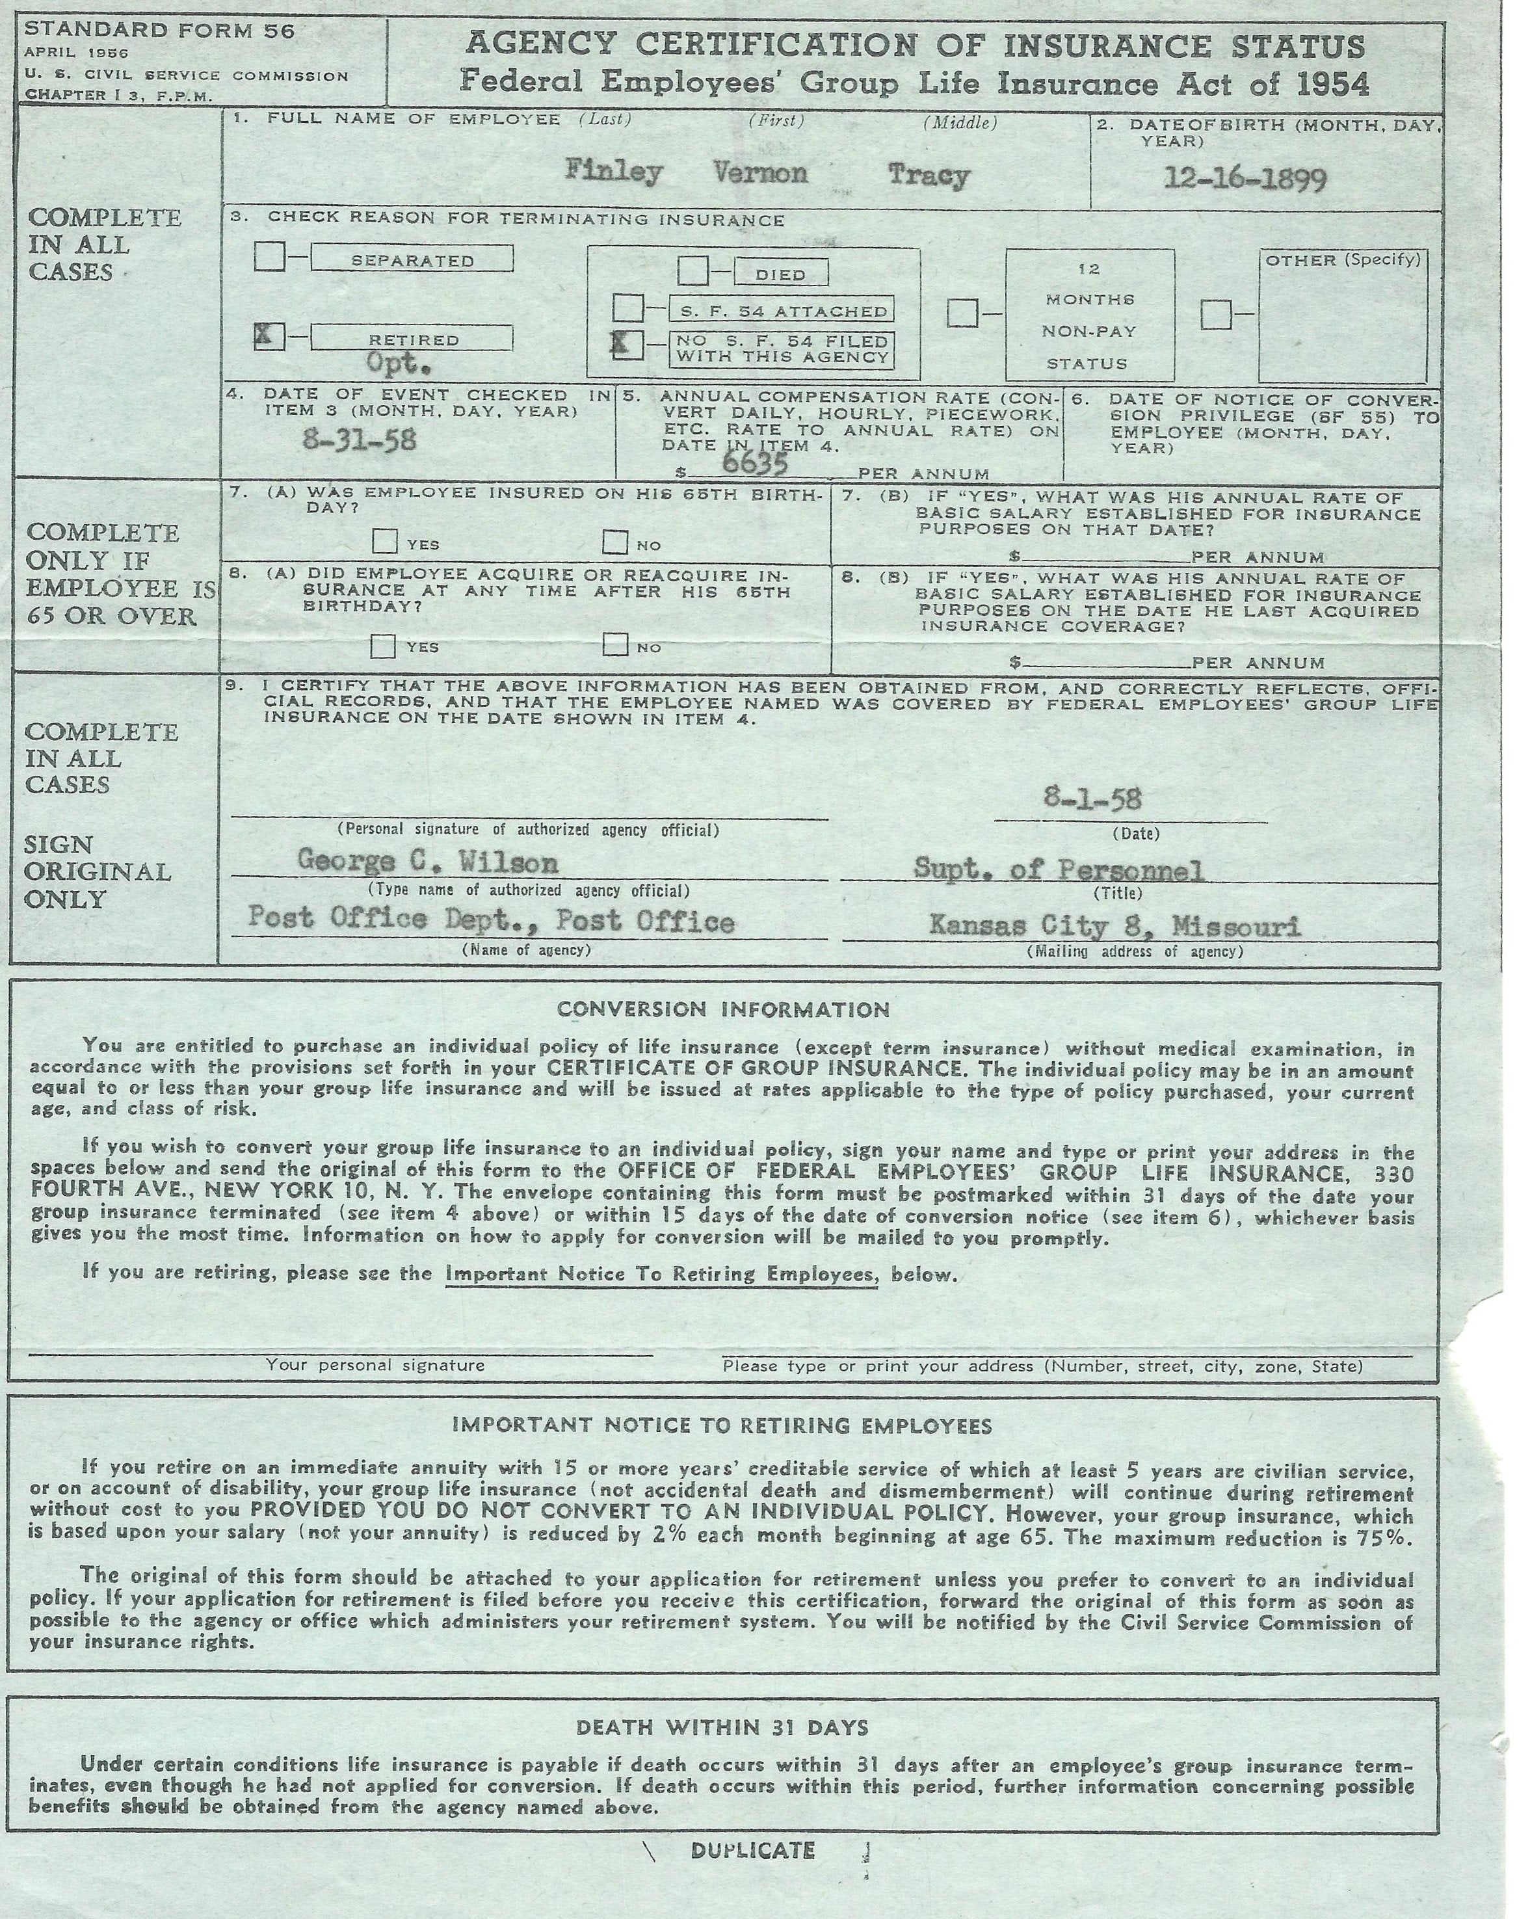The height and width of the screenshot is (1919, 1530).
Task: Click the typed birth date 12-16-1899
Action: coord(1245,179)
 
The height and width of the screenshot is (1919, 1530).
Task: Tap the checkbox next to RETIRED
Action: coord(269,336)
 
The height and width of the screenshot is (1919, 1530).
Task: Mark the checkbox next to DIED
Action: coord(692,271)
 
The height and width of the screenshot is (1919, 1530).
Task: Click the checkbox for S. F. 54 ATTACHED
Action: coord(627,309)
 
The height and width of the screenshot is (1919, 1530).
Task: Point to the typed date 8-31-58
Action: coord(359,440)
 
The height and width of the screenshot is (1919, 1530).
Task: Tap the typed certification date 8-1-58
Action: coord(1092,799)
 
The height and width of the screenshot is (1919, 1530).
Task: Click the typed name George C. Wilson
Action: coord(427,862)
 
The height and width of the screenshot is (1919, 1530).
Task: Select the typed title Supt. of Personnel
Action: coord(1059,869)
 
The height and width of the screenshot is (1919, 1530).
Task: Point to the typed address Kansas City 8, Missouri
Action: coord(1115,925)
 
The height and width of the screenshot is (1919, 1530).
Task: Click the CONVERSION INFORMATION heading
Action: coord(722,1009)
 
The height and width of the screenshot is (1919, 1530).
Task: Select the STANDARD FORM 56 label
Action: coord(159,31)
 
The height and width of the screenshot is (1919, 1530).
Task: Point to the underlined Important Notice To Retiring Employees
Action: coord(661,1274)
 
